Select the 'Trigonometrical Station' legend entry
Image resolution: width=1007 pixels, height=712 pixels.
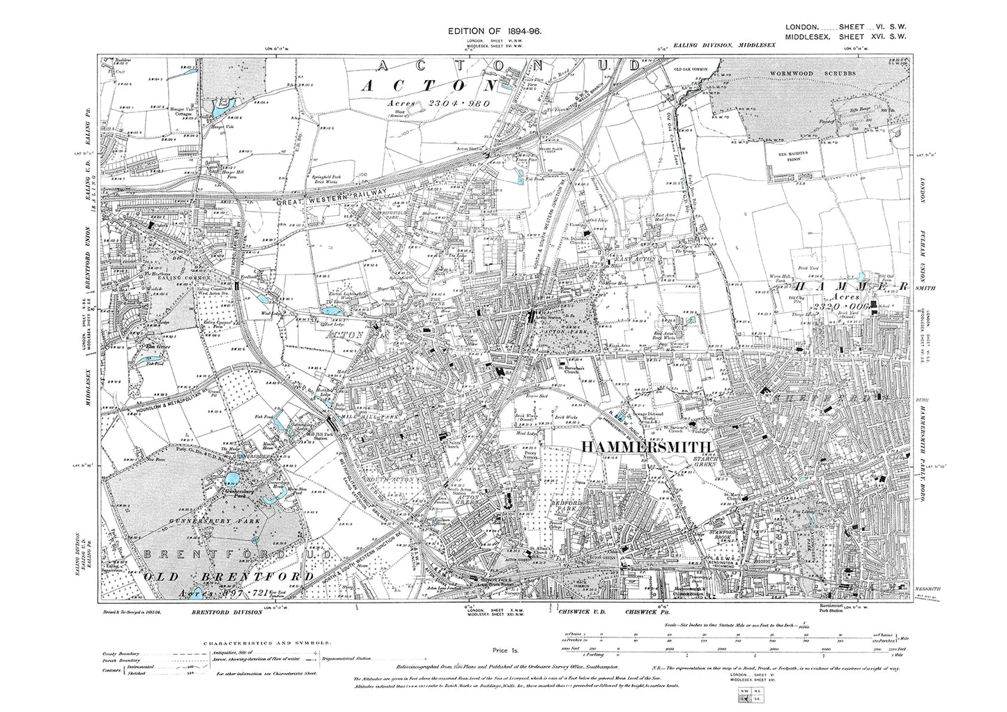(352, 657)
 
